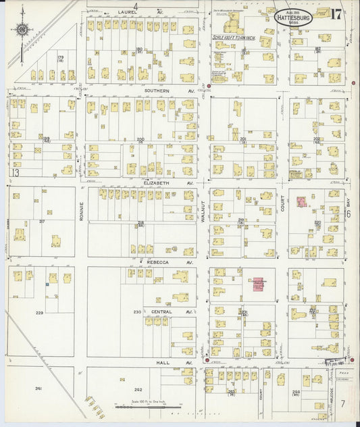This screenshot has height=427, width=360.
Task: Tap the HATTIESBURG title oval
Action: click(x=294, y=16)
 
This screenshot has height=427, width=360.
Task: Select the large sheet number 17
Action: click(x=336, y=14)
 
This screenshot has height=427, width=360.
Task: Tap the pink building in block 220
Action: click(x=301, y=201)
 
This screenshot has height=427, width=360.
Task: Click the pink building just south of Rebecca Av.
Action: click(x=258, y=283)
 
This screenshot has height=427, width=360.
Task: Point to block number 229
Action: click(x=40, y=313)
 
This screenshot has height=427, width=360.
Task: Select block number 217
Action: click(x=42, y=222)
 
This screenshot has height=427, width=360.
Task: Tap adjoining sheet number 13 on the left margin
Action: click(x=13, y=173)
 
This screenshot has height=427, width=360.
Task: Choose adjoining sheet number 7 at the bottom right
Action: click(x=343, y=403)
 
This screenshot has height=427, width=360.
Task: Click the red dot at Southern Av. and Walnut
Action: click(x=209, y=86)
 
